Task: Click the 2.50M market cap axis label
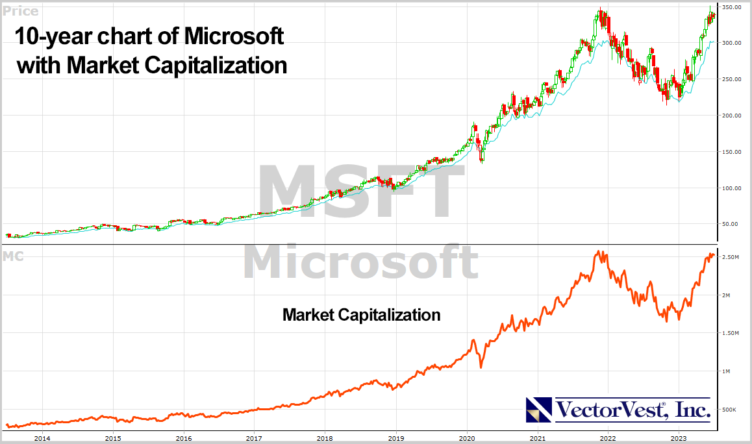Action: coord(731,258)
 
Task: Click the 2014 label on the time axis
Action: coord(42,438)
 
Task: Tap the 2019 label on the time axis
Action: coord(396,438)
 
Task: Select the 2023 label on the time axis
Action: coord(679,438)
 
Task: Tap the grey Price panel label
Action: coord(21,11)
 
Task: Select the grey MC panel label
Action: coord(13,256)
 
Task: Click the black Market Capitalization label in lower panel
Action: coord(361,315)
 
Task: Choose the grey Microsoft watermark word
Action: coord(360,262)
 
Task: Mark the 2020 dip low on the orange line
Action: coord(481,367)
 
